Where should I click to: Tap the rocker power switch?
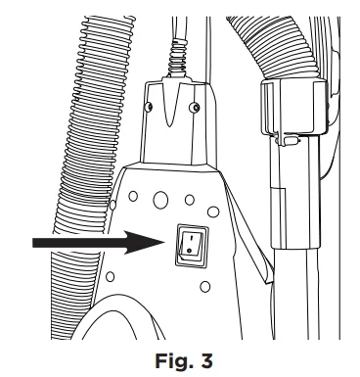[192, 246]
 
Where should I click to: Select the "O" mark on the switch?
[190, 251]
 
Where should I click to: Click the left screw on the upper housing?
[149, 107]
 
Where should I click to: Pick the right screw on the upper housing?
[195, 107]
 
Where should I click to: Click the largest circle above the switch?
[160, 200]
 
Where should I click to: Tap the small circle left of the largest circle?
[133, 196]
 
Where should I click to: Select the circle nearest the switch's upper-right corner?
[213, 212]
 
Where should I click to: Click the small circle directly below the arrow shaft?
[111, 277]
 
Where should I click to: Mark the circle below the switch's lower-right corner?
[204, 287]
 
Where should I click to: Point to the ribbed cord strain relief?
[178, 58]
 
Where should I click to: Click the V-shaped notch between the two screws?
[168, 105]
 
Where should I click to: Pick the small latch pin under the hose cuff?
[287, 141]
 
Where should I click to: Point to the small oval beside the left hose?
[112, 205]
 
